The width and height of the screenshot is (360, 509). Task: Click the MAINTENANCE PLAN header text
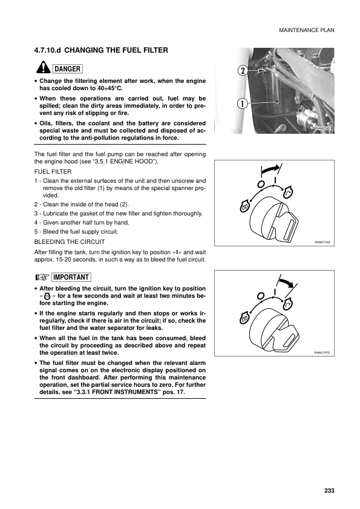pyautogui.click(x=307, y=30)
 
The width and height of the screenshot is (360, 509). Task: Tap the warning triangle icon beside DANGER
pyautogui.click(x=44, y=68)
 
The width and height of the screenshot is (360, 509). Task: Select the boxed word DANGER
pyautogui.click(x=67, y=68)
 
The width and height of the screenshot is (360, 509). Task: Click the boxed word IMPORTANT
pyautogui.click(x=71, y=277)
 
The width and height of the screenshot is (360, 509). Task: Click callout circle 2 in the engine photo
pyautogui.click(x=242, y=71)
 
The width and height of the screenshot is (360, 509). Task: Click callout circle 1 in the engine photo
pyautogui.click(x=242, y=103)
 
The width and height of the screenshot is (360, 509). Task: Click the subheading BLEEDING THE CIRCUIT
pyautogui.click(x=70, y=241)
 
